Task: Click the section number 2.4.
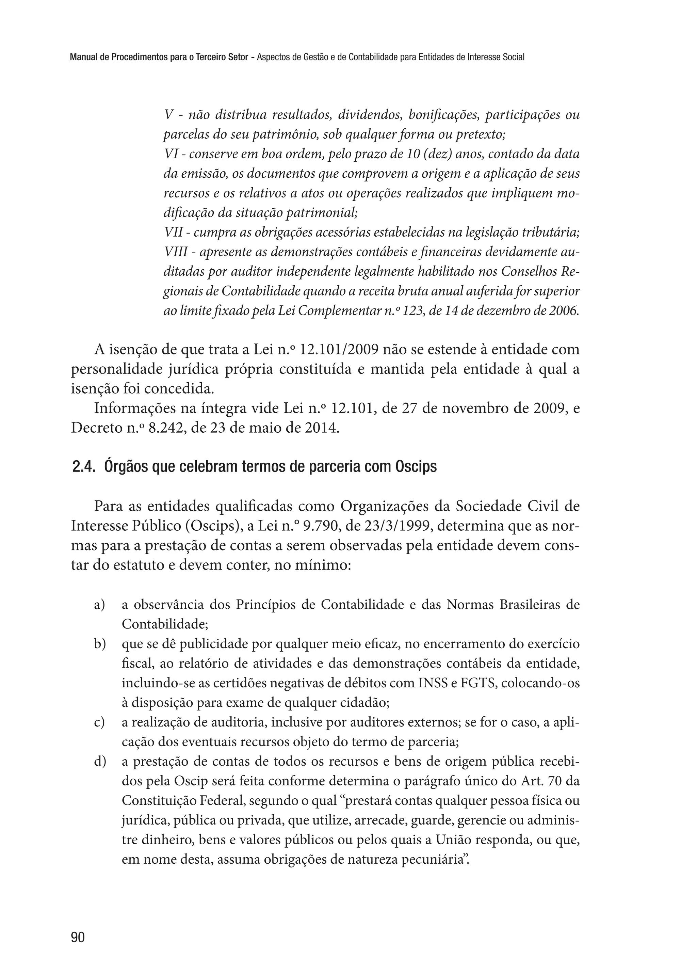84,467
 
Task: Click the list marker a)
100,605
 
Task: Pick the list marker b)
100,644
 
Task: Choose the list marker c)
100,722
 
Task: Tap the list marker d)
100,762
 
